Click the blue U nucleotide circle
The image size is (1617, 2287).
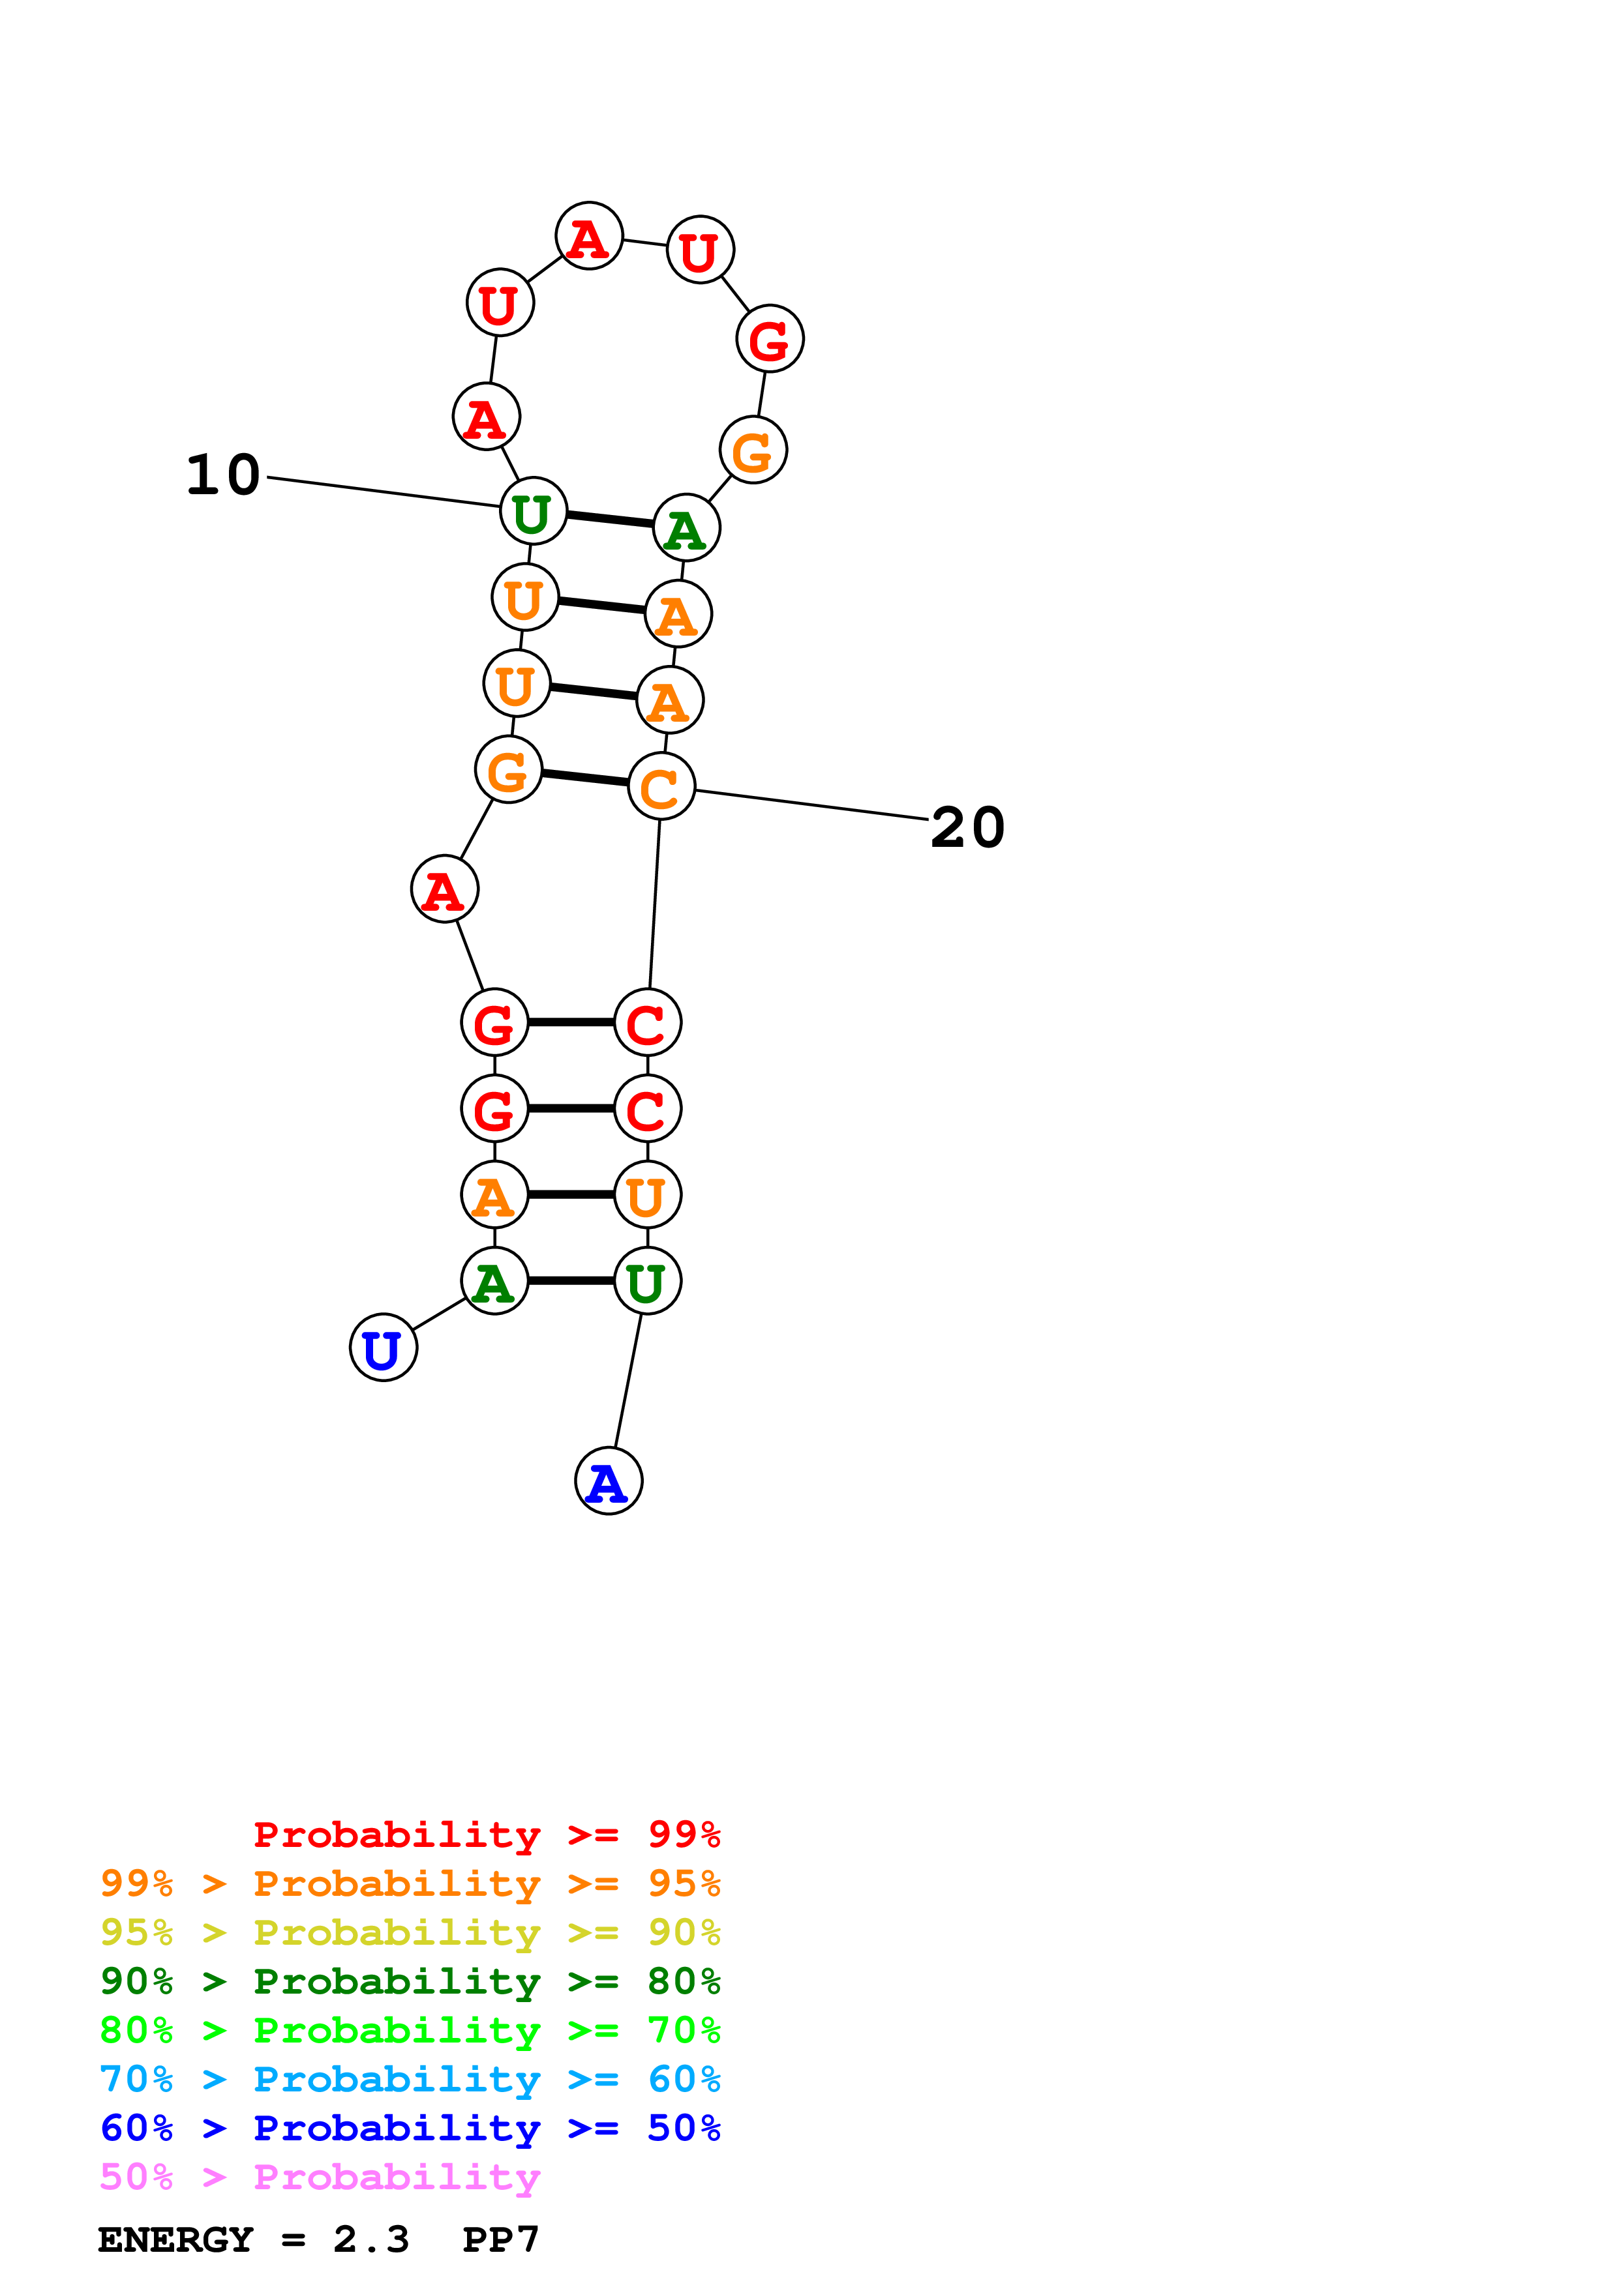[383, 1348]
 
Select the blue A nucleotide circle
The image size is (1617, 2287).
[608, 1481]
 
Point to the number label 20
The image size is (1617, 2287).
[967, 828]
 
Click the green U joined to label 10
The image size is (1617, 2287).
[533, 512]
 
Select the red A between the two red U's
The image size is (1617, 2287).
[589, 237]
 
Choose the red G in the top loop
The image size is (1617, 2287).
[769, 338]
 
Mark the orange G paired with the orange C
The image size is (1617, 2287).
[508, 770]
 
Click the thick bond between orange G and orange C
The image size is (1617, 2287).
[585, 778]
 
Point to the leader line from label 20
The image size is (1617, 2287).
[812, 805]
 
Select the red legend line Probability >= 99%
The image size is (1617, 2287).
[486, 1834]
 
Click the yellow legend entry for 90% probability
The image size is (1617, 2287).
[410, 1932]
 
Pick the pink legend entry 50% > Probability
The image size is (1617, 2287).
[320, 2177]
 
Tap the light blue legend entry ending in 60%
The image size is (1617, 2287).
[410, 2079]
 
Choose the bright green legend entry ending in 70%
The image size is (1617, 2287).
[410, 2030]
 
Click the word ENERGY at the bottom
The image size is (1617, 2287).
[175, 2240]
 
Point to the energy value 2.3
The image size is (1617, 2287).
[370, 2240]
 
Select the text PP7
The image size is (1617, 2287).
[500, 2240]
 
